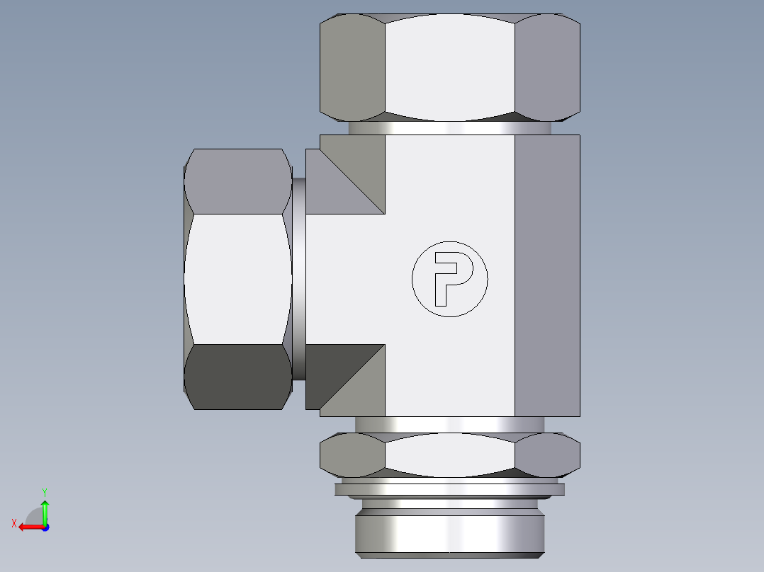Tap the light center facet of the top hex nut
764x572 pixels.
tap(449, 67)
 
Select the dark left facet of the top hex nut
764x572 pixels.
tap(352, 67)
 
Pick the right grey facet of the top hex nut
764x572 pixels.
tap(546, 67)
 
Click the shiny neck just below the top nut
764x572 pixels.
tap(449, 128)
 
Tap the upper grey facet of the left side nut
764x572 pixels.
tap(237, 181)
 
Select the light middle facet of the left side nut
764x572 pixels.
tap(237, 278)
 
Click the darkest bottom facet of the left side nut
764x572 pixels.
tap(237, 376)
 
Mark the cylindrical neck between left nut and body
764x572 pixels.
tap(298, 278)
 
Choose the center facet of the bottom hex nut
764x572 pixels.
tap(449, 454)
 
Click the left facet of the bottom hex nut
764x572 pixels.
tap(352, 454)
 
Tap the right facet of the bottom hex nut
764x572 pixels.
tap(546, 454)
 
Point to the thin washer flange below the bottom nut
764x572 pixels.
tap(449, 489)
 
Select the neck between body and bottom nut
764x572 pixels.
tap(449, 424)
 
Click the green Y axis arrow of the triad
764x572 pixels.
tap(45, 508)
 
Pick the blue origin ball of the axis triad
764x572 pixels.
tap(45, 527)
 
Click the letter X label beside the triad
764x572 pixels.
tap(14, 523)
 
